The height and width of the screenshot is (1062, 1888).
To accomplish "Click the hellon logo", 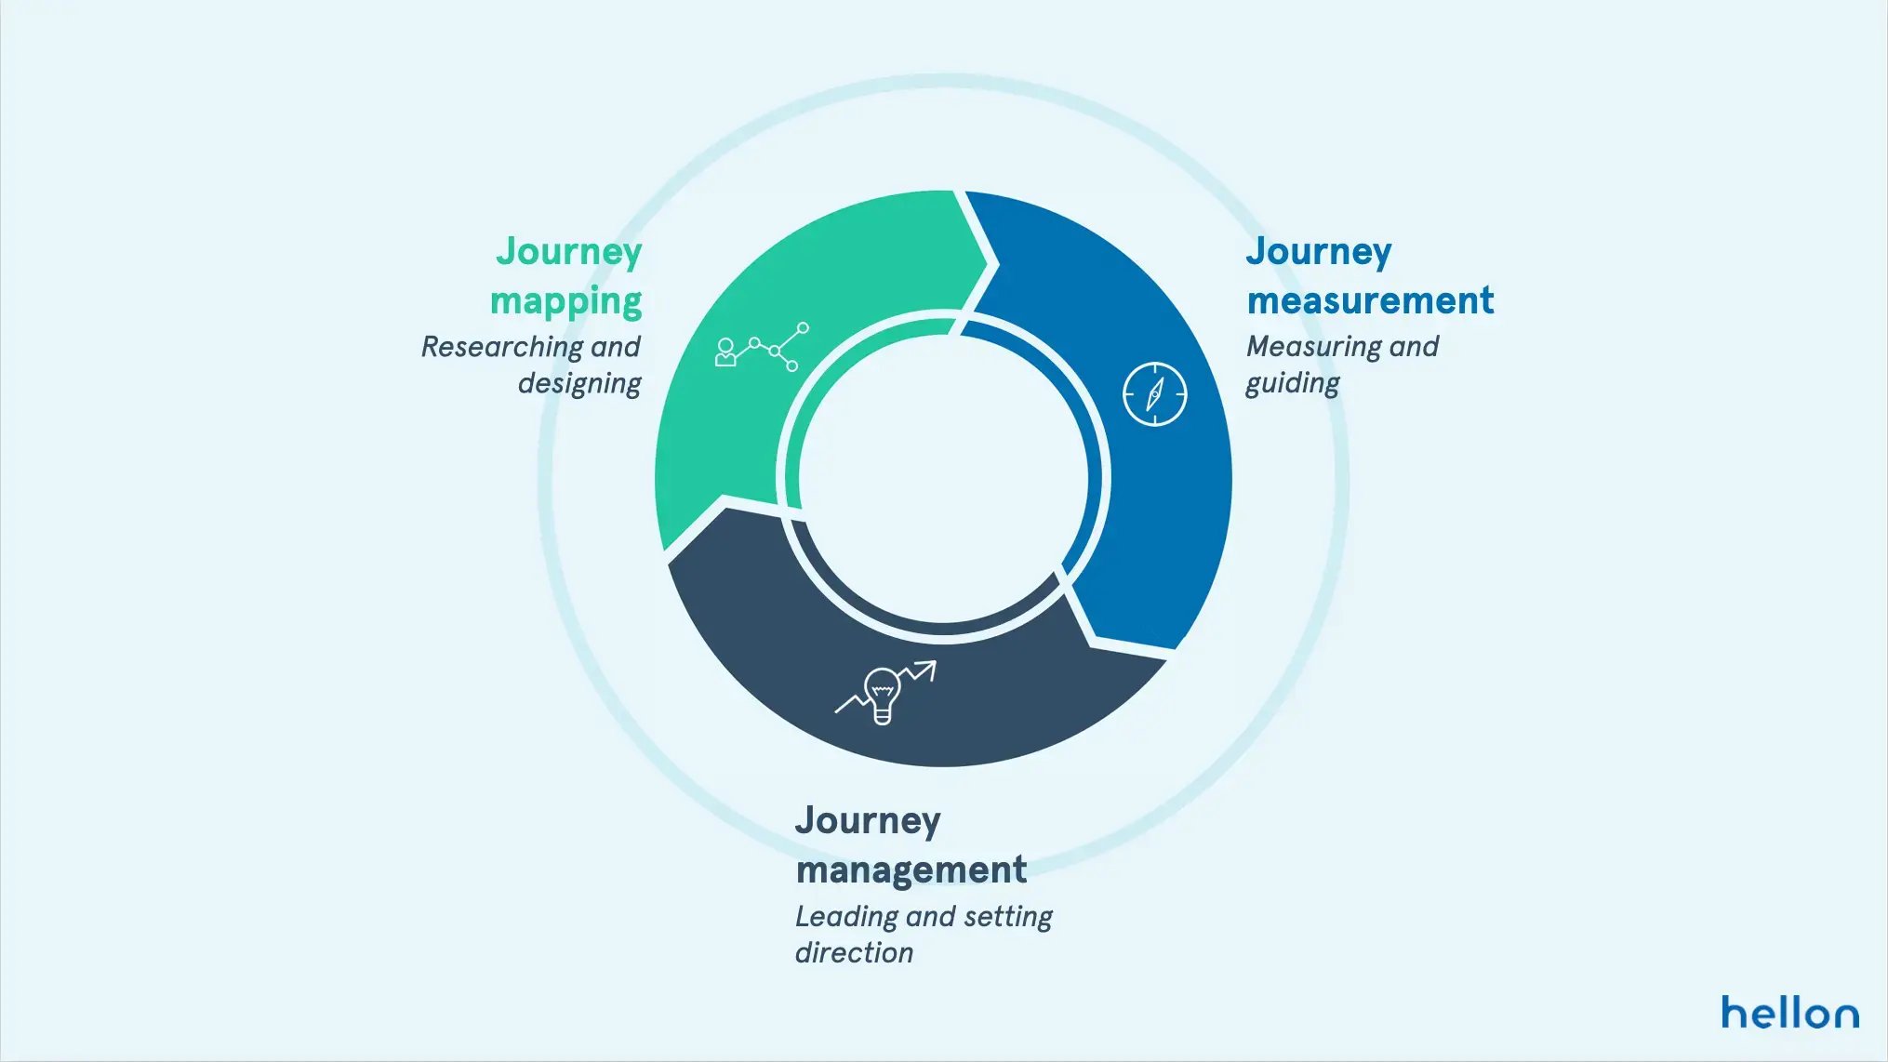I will click(1789, 1012).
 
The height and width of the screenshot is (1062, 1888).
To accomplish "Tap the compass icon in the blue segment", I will click(1154, 394).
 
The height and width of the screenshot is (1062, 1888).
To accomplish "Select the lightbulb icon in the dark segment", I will click(882, 694).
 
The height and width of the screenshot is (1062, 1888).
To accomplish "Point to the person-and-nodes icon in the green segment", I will click(762, 347).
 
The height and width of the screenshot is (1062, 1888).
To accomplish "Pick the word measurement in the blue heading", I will click(1370, 300).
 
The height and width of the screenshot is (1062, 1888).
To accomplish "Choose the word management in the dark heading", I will click(911, 870).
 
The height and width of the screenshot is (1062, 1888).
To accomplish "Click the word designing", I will click(578, 383).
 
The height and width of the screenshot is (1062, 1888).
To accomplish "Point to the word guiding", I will click(1293, 383).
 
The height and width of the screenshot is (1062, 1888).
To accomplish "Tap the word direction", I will click(854, 953).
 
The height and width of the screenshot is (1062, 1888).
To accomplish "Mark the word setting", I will click(1008, 917).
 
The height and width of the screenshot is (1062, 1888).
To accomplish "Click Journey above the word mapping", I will click(568, 252).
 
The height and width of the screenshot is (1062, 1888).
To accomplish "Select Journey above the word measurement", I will click(1319, 252).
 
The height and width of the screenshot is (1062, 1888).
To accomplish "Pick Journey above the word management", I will click(868, 821).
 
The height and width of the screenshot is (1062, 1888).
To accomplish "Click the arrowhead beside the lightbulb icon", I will click(928, 667).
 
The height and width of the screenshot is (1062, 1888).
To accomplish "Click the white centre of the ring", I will click(943, 479).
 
